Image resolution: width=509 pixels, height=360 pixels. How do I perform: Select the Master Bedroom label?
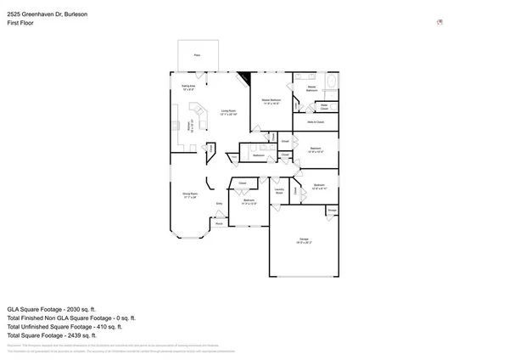click(271, 103)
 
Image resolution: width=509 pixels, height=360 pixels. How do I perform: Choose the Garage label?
click(304, 241)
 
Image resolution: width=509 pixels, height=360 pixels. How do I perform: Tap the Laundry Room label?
click(278, 189)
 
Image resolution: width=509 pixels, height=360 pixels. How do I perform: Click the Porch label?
click(219, 223)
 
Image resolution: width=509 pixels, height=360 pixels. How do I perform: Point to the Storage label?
click(332, 210)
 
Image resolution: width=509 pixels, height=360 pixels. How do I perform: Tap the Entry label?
click(219, 204)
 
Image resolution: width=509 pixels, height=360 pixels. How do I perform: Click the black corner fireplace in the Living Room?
click(243, 80)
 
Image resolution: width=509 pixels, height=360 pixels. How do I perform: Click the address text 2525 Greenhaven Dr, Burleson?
click(47, 14)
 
